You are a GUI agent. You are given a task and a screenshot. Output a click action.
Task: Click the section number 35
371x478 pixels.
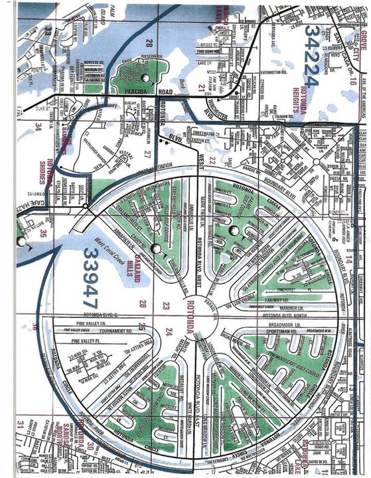coord(42,233)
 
